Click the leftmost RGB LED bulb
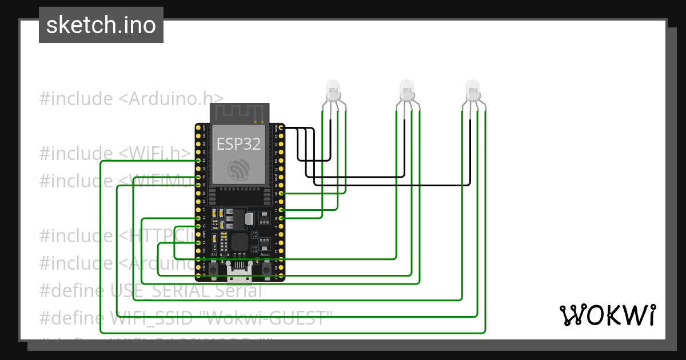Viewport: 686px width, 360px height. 333,90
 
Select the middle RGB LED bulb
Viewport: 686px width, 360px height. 406,90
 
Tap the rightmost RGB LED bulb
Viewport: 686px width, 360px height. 472,90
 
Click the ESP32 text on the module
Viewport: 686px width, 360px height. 238,144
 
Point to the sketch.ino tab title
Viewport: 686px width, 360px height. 101,25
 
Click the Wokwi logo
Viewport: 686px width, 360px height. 607,315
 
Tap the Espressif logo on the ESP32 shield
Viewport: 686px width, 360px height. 238,169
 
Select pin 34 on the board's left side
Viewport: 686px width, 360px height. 198,161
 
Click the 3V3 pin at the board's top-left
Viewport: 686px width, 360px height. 198,128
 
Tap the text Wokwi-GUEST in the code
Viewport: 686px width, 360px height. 268,318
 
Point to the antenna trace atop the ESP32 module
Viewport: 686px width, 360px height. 239,113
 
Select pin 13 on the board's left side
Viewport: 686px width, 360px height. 198,243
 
